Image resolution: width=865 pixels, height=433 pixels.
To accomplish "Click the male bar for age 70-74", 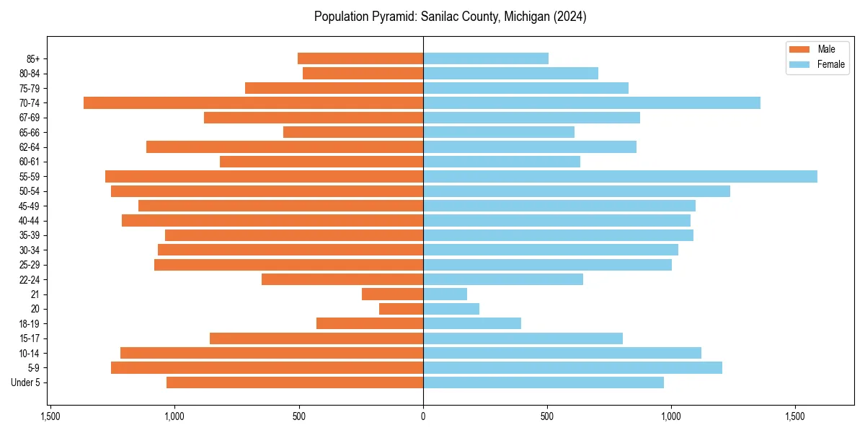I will point(253,102).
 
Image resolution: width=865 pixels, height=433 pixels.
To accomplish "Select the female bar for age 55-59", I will point(620,176).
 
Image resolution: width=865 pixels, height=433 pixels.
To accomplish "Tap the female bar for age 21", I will point(445,294).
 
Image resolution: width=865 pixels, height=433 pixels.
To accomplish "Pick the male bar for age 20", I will point(401,309).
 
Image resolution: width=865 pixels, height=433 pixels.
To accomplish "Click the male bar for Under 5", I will point(295,382).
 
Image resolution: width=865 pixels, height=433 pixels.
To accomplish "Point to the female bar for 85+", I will point(486,58).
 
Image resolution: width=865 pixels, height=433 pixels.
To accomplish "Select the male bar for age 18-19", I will point(370,323).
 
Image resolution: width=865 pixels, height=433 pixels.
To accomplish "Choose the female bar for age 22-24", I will point(503,279).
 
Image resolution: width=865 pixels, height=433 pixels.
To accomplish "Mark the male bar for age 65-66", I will point(353,132).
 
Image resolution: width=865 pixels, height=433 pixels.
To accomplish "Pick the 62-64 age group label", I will point(30,146).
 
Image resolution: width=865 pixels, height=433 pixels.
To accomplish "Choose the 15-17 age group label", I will point(30,338).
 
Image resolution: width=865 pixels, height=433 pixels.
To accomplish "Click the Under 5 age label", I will point(26,382).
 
